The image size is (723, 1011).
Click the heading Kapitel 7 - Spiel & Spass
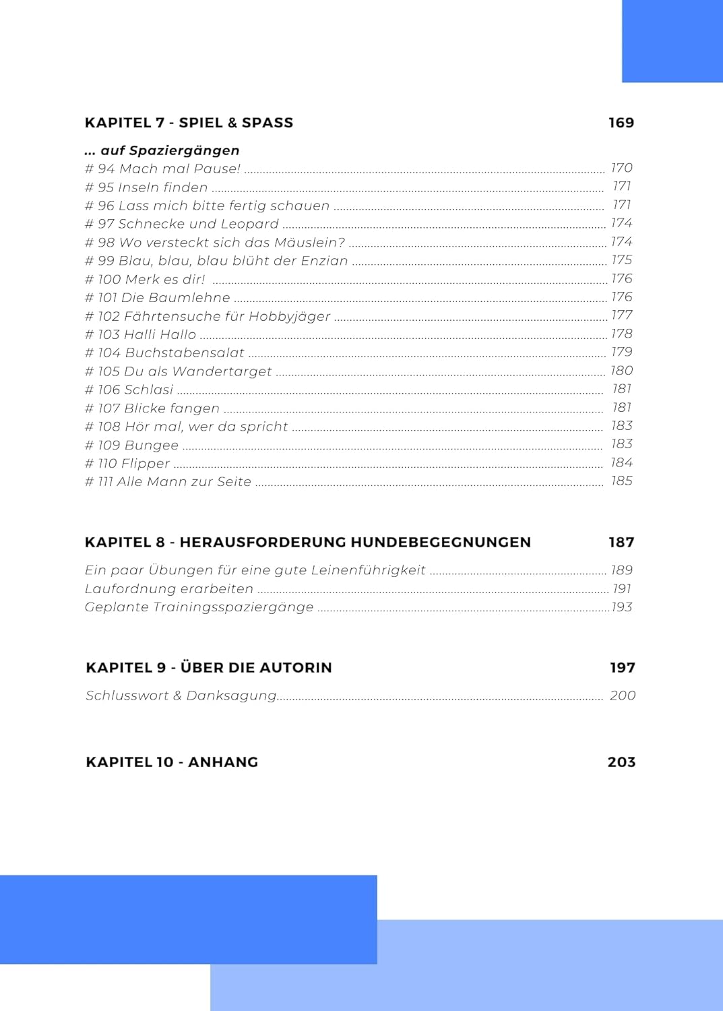(189, 123)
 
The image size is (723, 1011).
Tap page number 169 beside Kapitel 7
(621, 123)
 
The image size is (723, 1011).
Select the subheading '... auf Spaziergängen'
(162, 150)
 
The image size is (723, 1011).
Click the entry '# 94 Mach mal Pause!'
(162, 168)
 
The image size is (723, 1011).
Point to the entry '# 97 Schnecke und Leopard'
(181, 224)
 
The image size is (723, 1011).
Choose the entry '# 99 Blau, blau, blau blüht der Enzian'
(216, 261)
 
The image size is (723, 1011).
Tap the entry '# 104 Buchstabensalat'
(164, 353)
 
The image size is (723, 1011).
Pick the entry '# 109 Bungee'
(131, 445)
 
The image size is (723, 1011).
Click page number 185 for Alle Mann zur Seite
(621, 481)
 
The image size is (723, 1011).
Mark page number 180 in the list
(621, 371)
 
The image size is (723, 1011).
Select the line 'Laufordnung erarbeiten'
(168, 588)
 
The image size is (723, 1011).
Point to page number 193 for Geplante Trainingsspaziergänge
(621, 607)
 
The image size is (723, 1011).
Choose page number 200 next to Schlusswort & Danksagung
(622, 696)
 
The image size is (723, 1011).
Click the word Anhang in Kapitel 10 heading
(223, 762)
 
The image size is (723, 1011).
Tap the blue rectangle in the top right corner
(672, 41)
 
